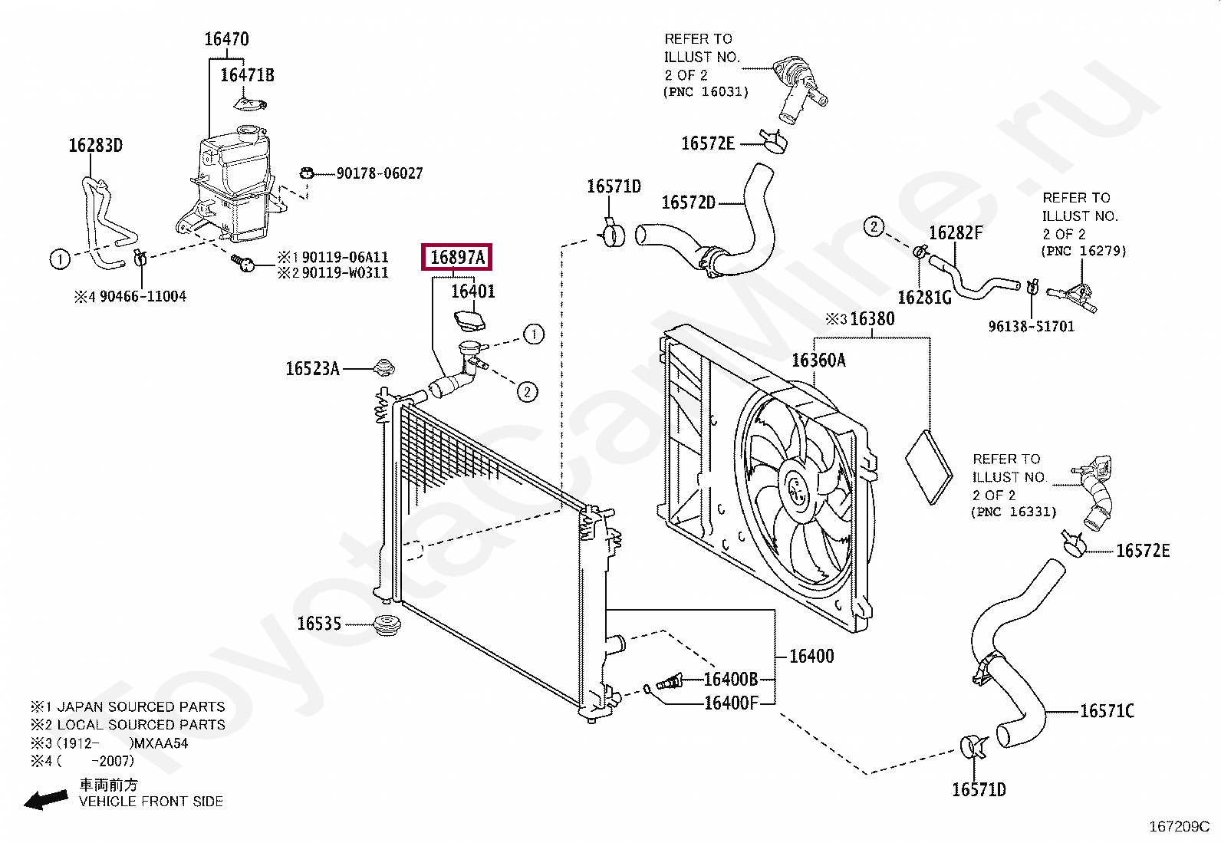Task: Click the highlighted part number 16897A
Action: tap(457, 258)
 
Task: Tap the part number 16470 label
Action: tap(226, 39)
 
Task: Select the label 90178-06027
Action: tap(380, 173)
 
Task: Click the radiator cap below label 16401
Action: tap(469, 321)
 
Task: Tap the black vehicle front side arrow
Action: tap(46, 799)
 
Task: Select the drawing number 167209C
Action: tap(1178, 826)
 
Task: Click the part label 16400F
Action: tap(731, 703)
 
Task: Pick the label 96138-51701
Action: tap(1031, 327)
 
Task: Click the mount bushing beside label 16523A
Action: tap(383, 367)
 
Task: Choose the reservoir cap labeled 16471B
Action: tap(248, 103)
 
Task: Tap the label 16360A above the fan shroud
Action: tap(818, 361)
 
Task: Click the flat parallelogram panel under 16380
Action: tap(929, 466)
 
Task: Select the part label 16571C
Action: tap(1106, 712)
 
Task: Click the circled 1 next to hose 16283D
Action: tap(60, 259)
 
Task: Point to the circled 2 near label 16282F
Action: tap(874, 226)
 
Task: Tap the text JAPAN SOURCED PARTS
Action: tap(141, 707)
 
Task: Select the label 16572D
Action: tap(688, 203)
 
